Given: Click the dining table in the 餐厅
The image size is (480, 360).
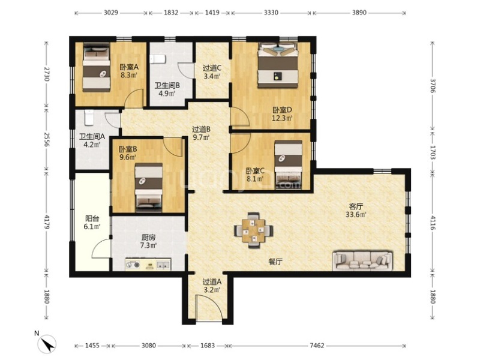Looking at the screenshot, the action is click(253, 230).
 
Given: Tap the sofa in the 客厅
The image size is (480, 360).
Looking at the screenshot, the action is click(363, 260).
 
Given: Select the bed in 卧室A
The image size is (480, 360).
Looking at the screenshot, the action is click(97, 67).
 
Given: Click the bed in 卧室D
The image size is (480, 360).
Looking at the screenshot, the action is click(278, 65).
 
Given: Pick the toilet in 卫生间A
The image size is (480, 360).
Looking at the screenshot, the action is click(89, 118).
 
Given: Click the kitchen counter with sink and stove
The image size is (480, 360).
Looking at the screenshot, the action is click(148, 265).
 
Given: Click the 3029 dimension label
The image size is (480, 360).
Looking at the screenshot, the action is click(111, 13).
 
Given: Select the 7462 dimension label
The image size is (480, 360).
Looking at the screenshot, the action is click(317, 346).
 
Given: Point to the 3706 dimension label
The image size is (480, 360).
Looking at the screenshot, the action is click(433, 85).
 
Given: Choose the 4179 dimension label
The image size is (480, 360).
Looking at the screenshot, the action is click(47, 221).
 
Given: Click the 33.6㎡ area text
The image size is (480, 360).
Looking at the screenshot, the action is click(356, 215).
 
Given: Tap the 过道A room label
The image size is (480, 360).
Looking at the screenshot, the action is click(212, 281).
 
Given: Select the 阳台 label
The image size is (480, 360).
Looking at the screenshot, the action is click(92, 218).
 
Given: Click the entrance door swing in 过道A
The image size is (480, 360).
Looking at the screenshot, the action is click(208, 307).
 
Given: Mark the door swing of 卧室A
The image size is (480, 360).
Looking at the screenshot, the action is click(134, 98).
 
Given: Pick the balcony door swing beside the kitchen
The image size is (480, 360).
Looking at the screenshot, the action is click(101, 248).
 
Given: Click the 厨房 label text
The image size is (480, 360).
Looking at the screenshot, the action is click(148, 237).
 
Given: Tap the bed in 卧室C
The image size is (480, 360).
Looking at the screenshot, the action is click(288, 164).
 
